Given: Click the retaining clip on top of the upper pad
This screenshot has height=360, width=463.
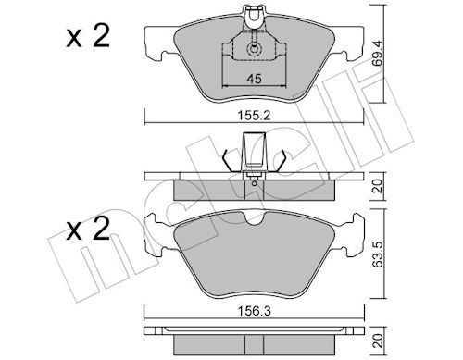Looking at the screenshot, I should click(251, 16).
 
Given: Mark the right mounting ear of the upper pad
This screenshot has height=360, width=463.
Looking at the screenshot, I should click(348, 41).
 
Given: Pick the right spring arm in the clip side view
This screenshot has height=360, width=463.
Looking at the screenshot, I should click(275, 160).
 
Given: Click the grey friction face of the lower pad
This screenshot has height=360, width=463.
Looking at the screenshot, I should click(251, 259).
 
